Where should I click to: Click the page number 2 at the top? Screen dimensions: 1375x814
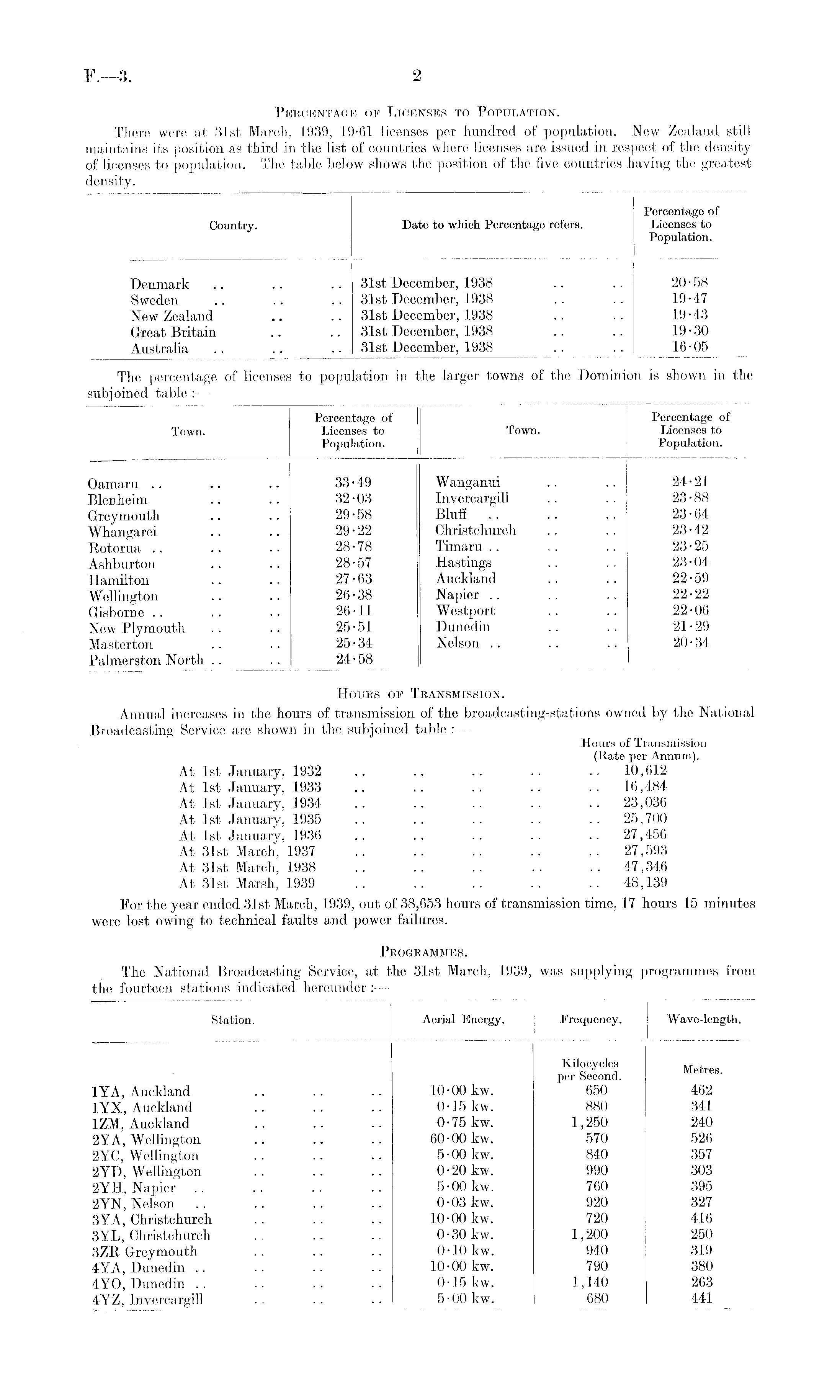coord(416,76)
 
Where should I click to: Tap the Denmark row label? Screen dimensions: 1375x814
coord(160,284)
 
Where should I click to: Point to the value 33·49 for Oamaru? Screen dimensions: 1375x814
coord(353,483)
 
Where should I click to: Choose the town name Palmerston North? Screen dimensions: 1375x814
coord(147,661)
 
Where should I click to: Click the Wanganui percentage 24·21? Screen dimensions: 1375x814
coord(690,482)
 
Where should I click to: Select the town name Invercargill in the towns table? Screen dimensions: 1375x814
coord(472,498)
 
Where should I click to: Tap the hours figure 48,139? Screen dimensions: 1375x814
coord(645,883)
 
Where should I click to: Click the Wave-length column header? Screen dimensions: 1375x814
coord(704,1020)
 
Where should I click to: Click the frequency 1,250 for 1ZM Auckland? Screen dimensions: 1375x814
coord(590,1123)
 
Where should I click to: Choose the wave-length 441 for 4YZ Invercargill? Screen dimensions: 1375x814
coord(701,1298)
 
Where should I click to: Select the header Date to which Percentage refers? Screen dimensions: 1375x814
coord(492,225)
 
